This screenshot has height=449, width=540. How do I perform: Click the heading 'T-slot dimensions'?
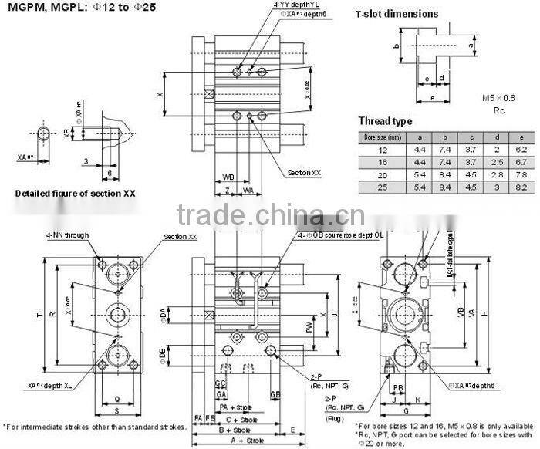click(397, 14)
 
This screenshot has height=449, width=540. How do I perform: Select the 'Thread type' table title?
click(385, 121)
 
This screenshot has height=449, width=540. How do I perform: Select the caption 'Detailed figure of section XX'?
click(76, 194)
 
